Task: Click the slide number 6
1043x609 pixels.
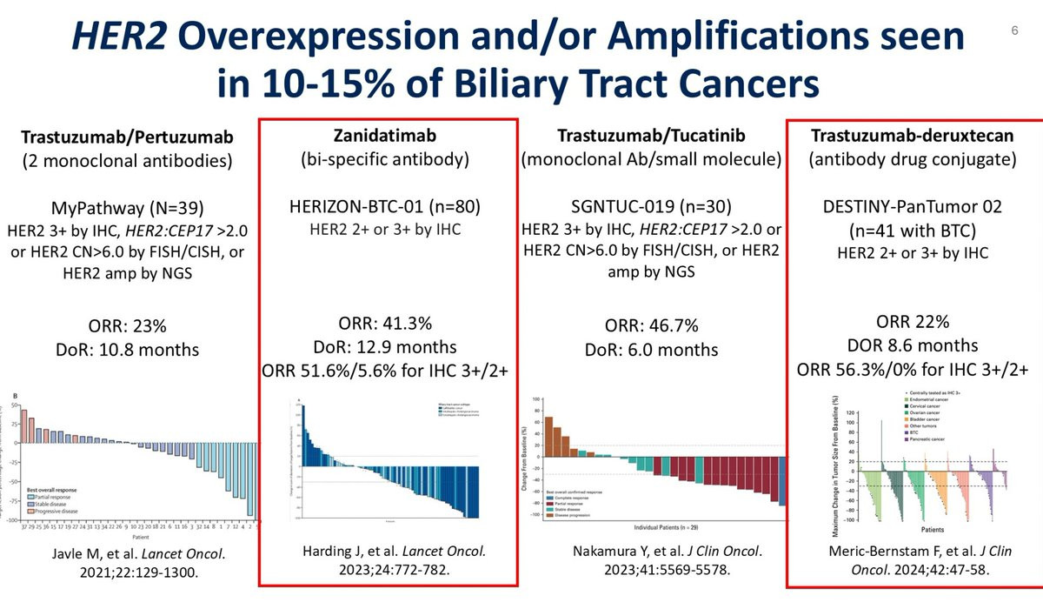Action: click(x=1014, y=30)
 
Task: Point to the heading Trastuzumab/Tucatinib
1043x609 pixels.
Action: click(x=652, y=136)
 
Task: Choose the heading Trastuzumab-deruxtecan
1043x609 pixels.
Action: click(x=913, y=136)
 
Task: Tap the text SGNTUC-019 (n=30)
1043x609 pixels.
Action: click(x=652, y=208)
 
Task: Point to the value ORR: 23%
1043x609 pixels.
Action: click(x=129, y=327)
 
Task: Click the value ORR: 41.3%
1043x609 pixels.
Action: click(x=386, y=323)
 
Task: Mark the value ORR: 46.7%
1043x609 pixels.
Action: click(x=652, y=326)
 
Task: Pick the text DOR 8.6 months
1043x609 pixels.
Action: click(x=913, y=345)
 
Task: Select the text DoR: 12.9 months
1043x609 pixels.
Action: click(x=386, y=347)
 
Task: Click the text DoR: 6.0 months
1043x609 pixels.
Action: click(x=652, y=349)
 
